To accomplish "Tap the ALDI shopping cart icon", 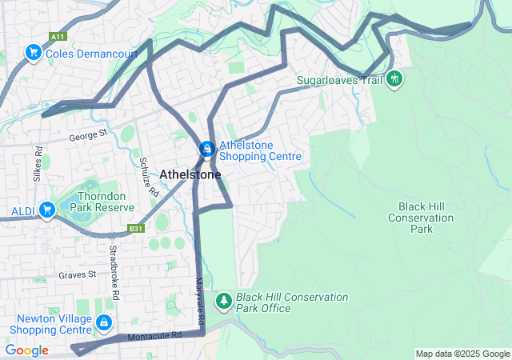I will point(47,210).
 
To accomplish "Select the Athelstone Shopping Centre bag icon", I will point(206,150).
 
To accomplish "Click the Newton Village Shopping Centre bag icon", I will point(102,322).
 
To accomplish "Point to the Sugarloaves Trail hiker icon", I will point(394,79).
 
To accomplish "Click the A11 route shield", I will point(57,37).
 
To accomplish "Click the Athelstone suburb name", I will point(190,174).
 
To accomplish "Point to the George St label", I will point(88,136).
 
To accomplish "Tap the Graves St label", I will point(77,274).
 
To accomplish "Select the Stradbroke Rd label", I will point(114,273).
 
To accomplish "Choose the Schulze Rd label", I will point(149,177).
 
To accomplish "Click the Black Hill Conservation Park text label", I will point(421,218).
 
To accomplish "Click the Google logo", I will point(26,350).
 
